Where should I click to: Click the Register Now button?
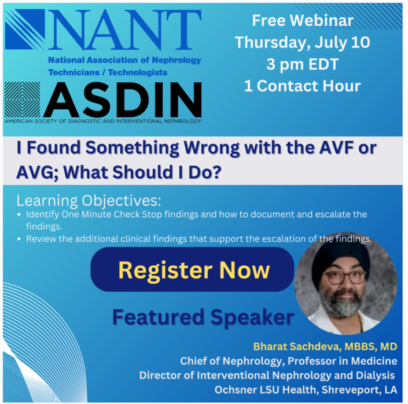(x=193, y=270)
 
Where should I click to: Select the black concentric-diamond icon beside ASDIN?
(x=22, y=100)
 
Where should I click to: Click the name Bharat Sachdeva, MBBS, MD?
(x=325, y=346)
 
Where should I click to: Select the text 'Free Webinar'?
(x=302, y=21)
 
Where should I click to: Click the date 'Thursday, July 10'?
(x=302, y=42)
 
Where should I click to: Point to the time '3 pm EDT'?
(x=302, y=64)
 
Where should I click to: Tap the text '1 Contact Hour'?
(x=302, y=86)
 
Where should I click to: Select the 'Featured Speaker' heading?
(x=203, y=317)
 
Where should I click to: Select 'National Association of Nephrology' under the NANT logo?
(x=124, y=60)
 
